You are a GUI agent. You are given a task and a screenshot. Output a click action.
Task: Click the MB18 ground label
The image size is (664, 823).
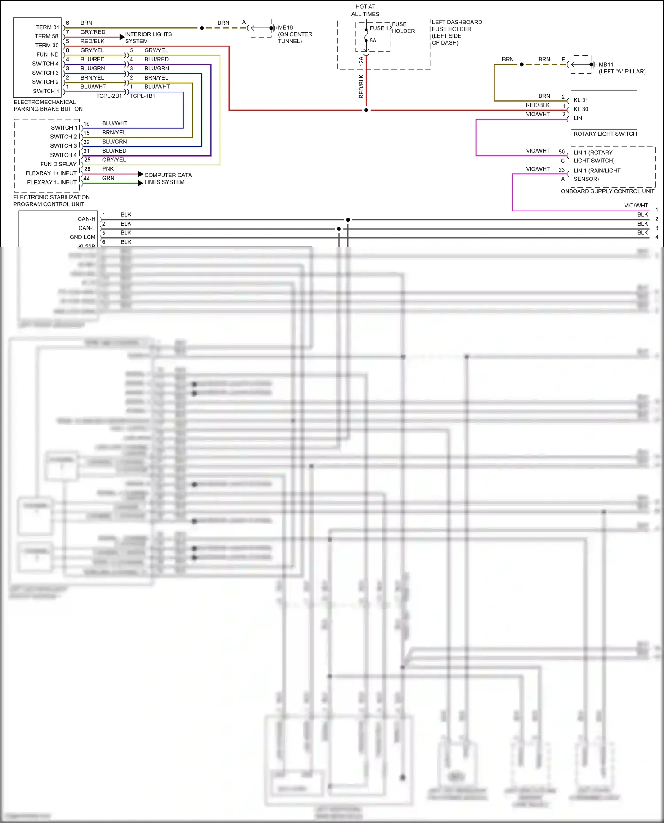click(286, 27)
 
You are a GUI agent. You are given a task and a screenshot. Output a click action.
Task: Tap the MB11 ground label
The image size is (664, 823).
click(606, 65)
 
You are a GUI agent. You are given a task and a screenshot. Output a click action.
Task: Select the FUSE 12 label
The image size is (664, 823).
click(380, 28)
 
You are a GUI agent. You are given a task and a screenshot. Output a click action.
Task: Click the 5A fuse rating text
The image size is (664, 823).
click(373, 41)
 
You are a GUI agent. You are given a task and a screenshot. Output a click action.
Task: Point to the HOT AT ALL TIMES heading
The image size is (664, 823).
click(365, 10)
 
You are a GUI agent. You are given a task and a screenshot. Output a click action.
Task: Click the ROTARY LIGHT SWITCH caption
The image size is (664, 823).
click(605, 134)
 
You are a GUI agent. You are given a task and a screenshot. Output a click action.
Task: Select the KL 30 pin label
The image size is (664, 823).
click(581, 109)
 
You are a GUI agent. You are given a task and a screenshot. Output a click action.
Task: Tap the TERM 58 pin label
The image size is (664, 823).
click(46, 36)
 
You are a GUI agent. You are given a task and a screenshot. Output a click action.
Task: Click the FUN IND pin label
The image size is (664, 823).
click(47, 54)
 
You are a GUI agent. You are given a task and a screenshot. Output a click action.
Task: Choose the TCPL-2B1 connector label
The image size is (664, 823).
click(109, 96)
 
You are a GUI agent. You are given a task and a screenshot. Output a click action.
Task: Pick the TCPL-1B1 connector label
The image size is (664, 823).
click(143, 96)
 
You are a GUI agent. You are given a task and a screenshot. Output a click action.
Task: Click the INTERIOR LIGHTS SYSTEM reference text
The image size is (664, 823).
click(148, 38)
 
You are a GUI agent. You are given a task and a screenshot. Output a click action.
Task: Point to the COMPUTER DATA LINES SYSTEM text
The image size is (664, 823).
click(168, 179)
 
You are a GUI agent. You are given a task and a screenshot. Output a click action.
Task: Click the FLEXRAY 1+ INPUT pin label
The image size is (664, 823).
click(51, 173)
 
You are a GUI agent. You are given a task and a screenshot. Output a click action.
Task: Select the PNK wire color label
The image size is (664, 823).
click(108, 169)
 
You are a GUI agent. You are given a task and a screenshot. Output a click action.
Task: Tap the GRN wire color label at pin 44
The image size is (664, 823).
click(108, 178)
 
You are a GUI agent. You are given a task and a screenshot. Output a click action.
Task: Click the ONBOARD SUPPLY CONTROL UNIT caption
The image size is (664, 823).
click(607, 191)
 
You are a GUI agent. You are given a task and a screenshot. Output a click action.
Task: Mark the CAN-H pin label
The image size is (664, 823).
click(86, 219)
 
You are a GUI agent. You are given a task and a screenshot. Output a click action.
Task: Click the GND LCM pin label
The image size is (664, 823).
click(82, 237)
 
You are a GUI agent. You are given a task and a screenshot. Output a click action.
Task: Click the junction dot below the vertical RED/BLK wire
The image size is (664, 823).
click(366, 110)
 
